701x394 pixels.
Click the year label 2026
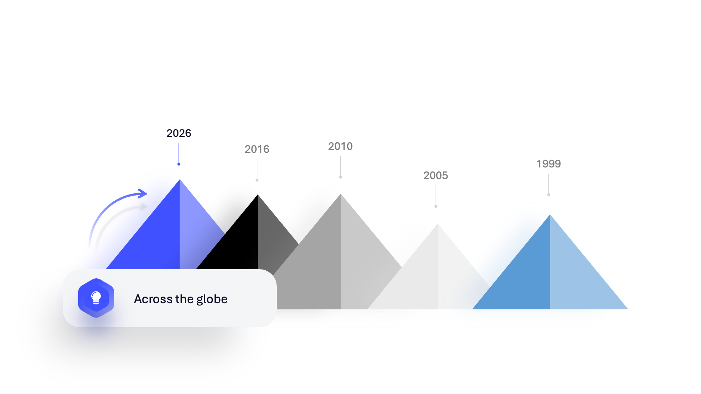point(179,133)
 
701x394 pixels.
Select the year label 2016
point(257,149)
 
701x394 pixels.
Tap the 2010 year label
point(340,146)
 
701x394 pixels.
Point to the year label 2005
point(436,175)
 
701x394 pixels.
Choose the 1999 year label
point(548,164)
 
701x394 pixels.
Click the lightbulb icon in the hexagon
point(96,298)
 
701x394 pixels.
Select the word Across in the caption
point(153,299)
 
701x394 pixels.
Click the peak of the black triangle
point(258,195)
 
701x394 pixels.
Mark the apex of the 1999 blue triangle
point(550,215)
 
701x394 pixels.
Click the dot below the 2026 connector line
point(179,164)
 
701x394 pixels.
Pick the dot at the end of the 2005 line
point(436,206)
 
